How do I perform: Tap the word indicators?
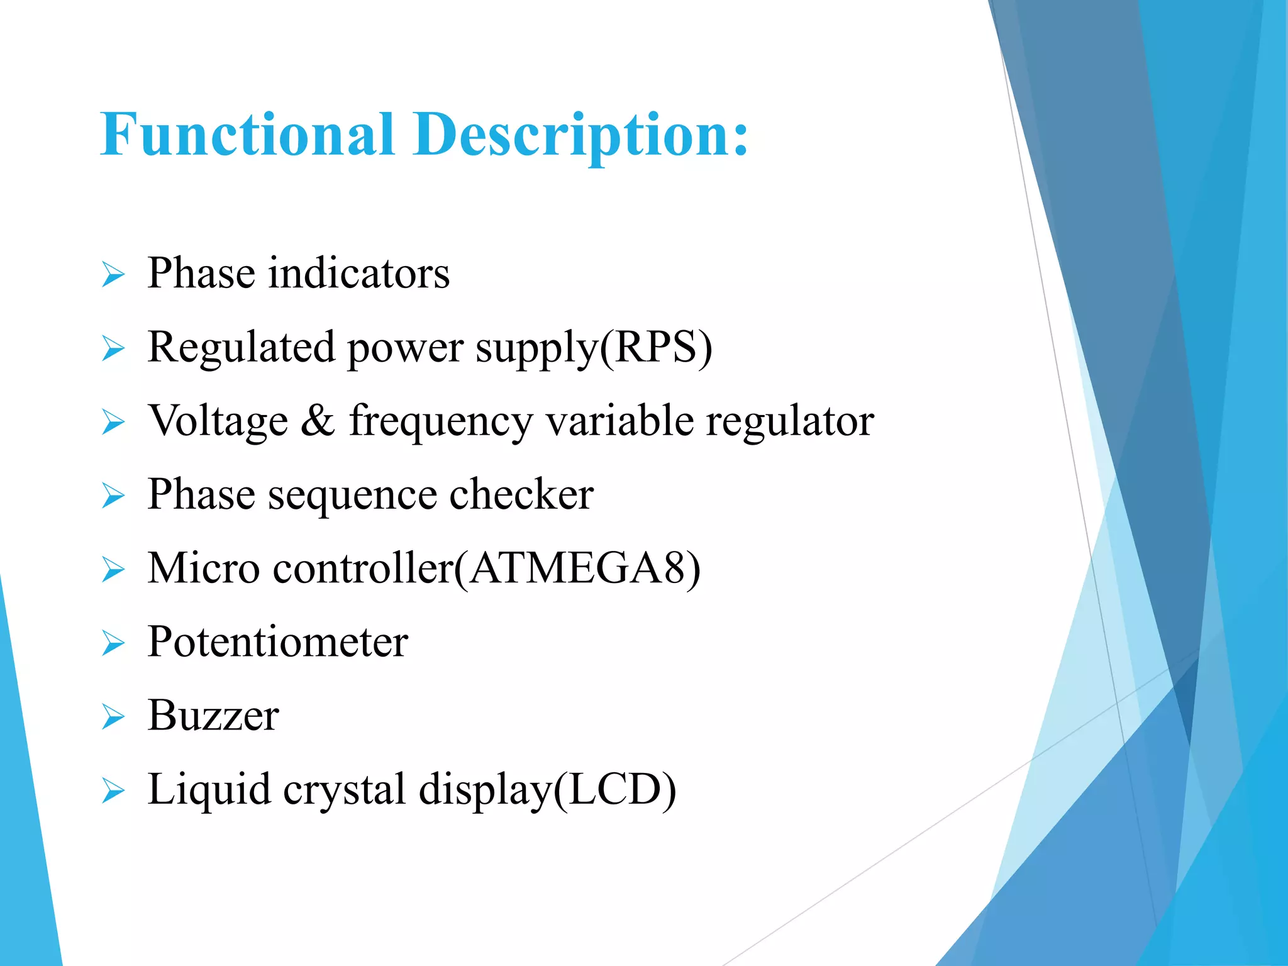358,274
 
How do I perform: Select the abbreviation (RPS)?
656,347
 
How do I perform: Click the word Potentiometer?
277,642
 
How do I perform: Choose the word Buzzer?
213,716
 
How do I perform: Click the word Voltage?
218,421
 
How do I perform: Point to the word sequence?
352,496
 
